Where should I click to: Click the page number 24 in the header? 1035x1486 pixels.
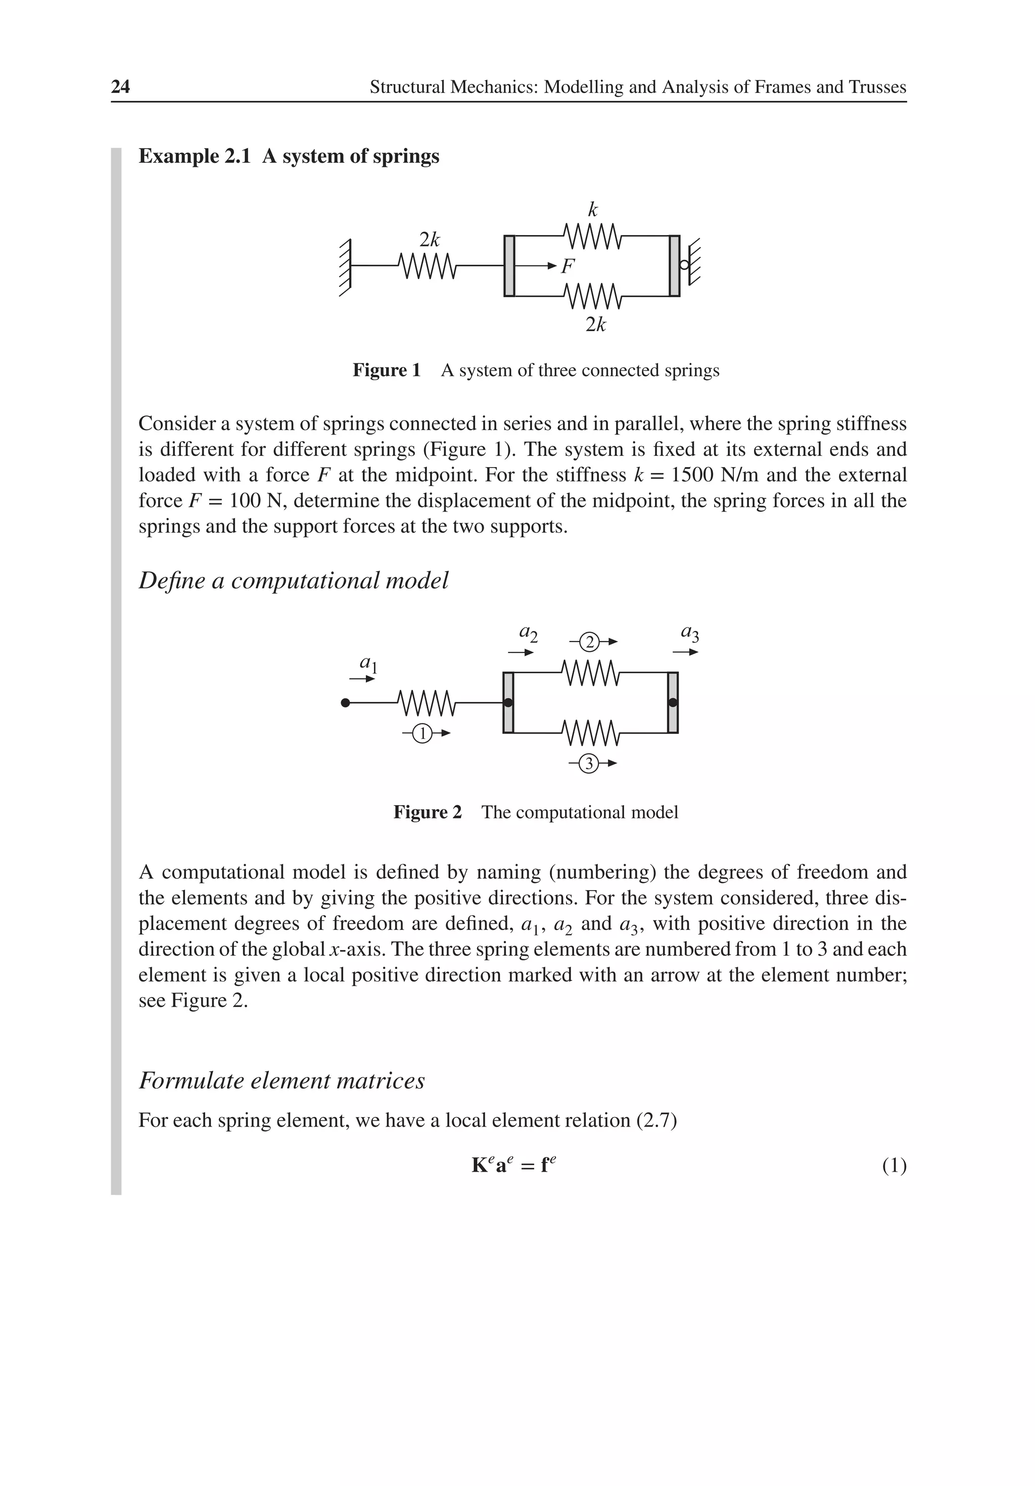(120, 87)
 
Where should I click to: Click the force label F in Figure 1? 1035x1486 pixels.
(568, 266)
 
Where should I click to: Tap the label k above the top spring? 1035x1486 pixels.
(592, 210)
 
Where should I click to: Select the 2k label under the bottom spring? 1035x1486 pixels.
(595, 324)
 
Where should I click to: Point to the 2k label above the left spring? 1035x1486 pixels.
(429, 240)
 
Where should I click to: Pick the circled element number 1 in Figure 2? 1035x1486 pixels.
(421, 733)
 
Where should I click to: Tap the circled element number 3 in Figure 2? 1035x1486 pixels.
(588, 764)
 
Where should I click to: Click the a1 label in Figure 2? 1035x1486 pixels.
(367, 663)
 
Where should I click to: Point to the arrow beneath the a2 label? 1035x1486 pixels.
(520, 653)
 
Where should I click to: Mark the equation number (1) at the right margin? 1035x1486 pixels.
(893, 1166)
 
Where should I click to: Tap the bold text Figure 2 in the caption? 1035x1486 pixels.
(427, 812)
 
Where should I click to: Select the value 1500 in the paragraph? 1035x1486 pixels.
(692, 475)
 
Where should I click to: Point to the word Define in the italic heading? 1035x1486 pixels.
(171, 581)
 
